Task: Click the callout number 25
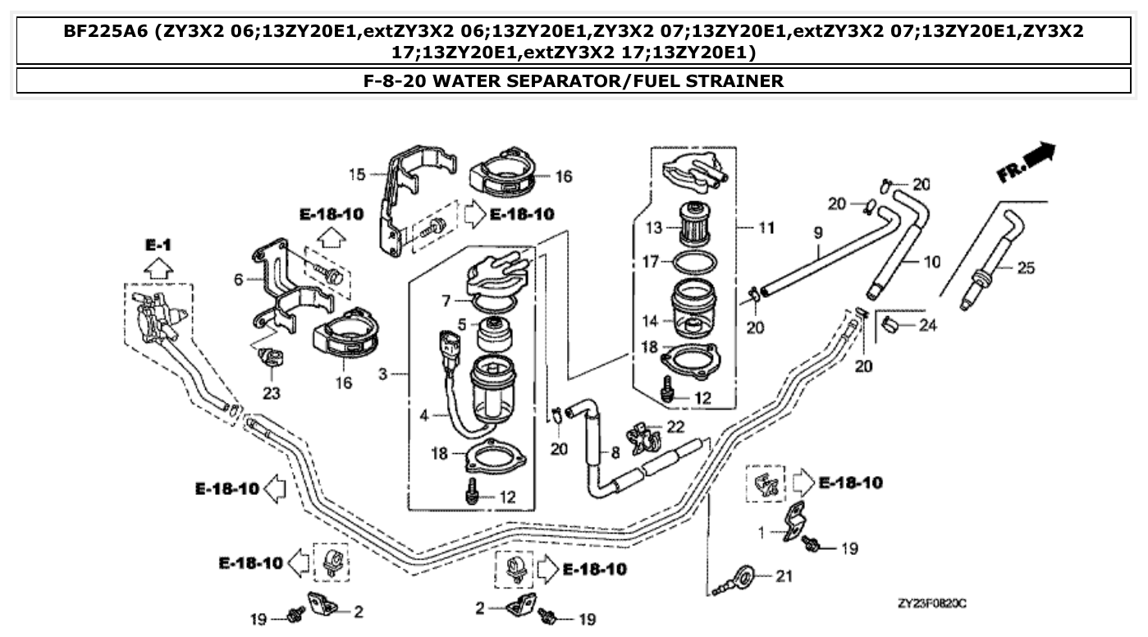click(1025, 268)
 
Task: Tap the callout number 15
click(356, 174)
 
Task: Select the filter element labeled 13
click(694, 223)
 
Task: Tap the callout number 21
click(784, 576)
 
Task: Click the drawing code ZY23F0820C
click(932, 604)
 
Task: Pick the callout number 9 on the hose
click(817, 234)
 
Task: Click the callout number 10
click(932, 263)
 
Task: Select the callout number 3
click(383, 375)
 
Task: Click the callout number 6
click(239, 279)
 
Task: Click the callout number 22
click(675, 426)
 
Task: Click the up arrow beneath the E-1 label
click(159, 268)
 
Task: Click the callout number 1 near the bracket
click(761, 532)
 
